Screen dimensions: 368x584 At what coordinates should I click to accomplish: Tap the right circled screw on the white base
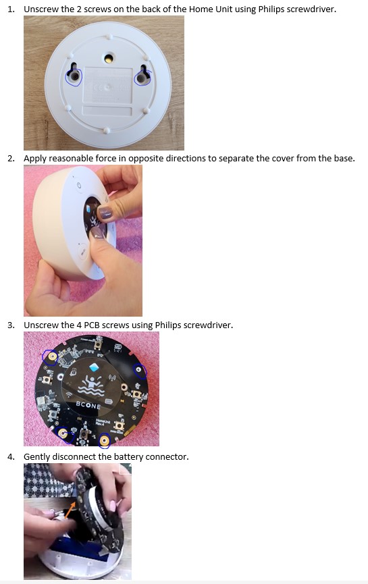[x=141, y=78]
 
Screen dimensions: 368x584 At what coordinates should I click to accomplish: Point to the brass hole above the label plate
[x=109, y=58]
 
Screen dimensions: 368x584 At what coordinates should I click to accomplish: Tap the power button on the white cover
[x=78, y=186]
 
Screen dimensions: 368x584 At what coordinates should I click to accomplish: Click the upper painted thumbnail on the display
[x=105, y=213]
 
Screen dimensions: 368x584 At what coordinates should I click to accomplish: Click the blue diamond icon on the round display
[x=95, y=367]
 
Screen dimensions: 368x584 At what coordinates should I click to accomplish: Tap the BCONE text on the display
[x=88, y=405]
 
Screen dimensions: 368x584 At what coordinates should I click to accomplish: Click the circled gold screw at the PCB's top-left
[x=50, y=357]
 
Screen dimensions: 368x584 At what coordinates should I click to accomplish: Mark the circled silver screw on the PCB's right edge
[x=139, y=370]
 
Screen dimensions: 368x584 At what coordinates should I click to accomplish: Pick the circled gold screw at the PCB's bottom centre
[x=105, y=441]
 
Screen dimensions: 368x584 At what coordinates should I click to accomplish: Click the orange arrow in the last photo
[x=72, y=509]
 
